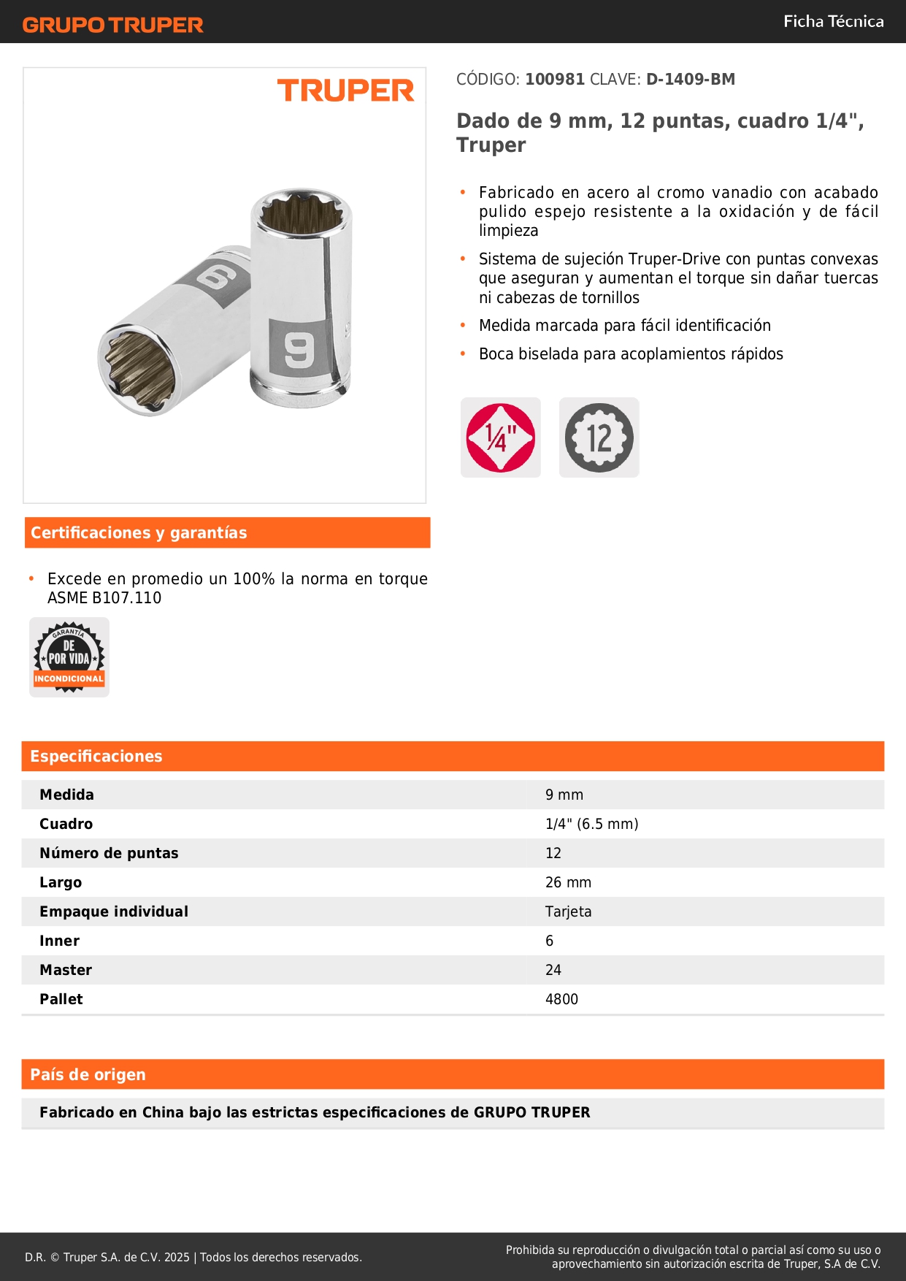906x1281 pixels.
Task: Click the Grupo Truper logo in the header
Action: [x=112, y=25]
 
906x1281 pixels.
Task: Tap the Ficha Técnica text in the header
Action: [x=833, y=21]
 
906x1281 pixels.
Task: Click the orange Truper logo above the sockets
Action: [x=345, y=91]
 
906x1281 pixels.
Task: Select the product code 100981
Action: [x=555, y=79]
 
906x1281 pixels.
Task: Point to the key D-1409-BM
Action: [x=690, y=79]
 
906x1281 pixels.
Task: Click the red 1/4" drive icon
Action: [x=501, y=437]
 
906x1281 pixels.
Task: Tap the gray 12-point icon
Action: [x=599, y=437]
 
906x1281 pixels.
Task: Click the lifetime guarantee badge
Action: [x=69, y=657]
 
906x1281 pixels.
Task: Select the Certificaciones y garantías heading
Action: [x=139, y=532]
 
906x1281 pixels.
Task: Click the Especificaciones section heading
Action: [x=96, y=756]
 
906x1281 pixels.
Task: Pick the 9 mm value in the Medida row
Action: [x=564, y=795]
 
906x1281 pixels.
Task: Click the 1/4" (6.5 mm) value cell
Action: [x=591, y=824]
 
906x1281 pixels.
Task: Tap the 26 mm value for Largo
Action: [x=568, y=882]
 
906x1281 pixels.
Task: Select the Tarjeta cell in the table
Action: [x=568, y=911]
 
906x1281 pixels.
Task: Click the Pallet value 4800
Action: [x=561, y=999]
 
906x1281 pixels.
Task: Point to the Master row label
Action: [x=66, y=970]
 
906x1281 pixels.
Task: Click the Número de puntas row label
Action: [x=109, y=853]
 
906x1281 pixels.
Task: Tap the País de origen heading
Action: [x=88, y=1074]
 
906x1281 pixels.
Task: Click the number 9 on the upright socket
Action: [x=299, y=351]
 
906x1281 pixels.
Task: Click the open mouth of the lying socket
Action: [x=137, y=367]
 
